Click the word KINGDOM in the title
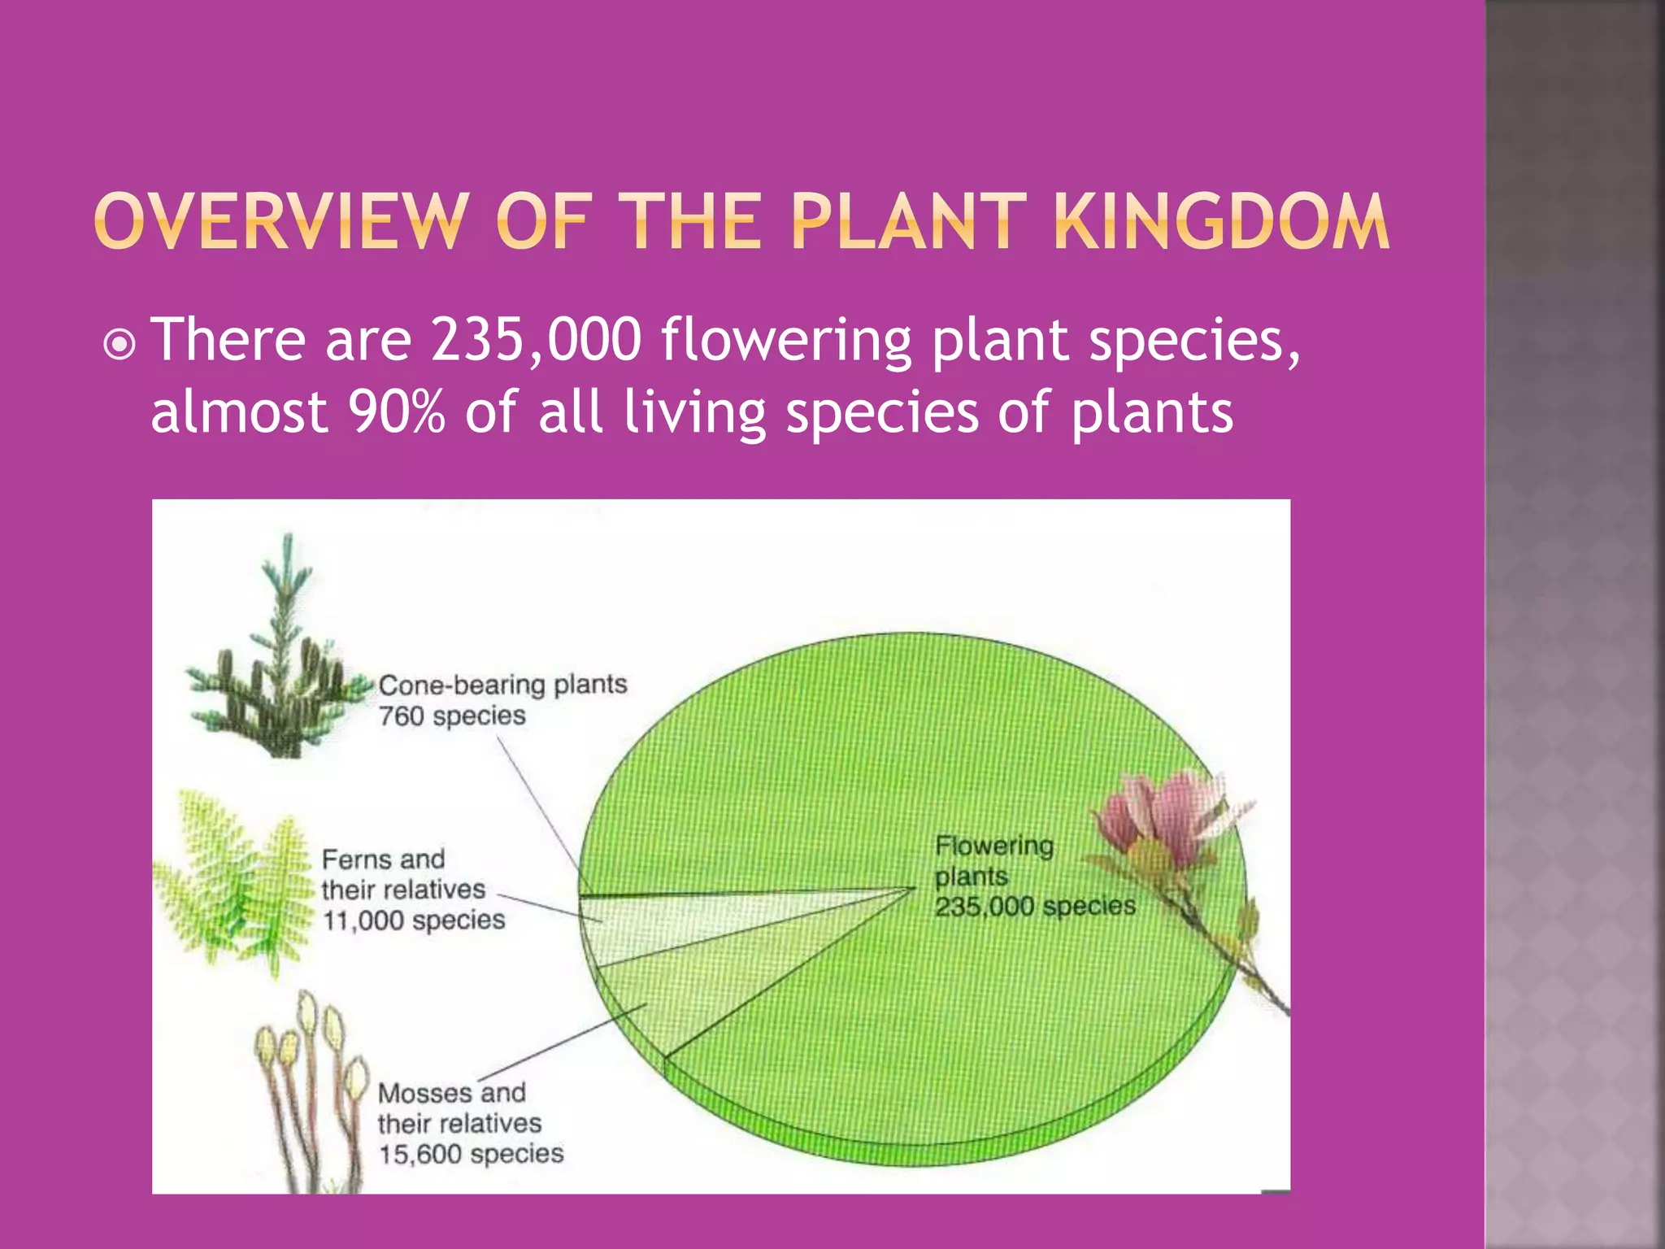(x=1221, y=221)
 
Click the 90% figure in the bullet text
(x=397, y=411)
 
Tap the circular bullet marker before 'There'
(x=120, y=345)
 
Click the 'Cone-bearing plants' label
(x=502, y=685)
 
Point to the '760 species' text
(x=452, y=716)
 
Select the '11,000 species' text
(x=414, y=920)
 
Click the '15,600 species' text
(x=471, y=1154)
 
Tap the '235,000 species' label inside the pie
(x=1034, y=907)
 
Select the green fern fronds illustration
(x=232, y=878)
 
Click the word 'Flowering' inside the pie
(x=993, y=846)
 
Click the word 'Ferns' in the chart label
(x=351, y=860)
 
